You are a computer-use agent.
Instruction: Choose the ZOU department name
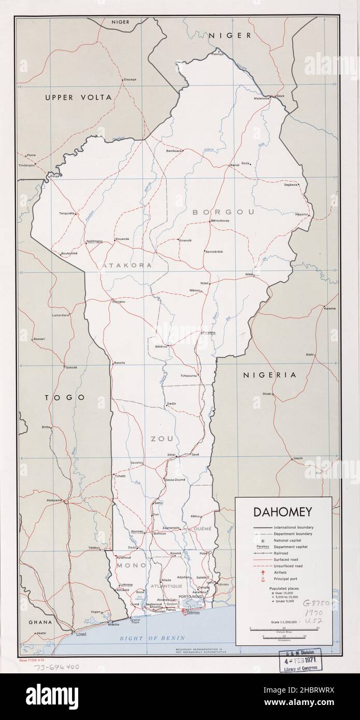point(161,439)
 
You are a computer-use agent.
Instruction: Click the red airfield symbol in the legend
point(263,573)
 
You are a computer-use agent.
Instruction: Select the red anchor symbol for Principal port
point(263,580)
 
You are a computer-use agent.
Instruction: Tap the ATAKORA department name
point(127,265)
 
